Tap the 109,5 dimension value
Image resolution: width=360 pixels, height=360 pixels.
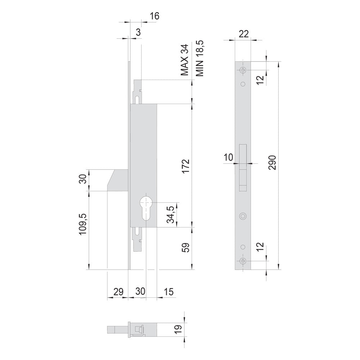click(83, 224)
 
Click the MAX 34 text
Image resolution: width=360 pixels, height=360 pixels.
click(184, 60)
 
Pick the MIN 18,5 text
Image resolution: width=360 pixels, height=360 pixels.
click(199, 58)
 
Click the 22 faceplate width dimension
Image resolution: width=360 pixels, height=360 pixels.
click(244, 34)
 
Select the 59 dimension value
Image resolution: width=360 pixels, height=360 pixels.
click(186, 247)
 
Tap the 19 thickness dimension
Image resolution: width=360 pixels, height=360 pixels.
click(179, 329)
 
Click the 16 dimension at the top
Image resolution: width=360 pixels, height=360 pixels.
click(154, 16)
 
